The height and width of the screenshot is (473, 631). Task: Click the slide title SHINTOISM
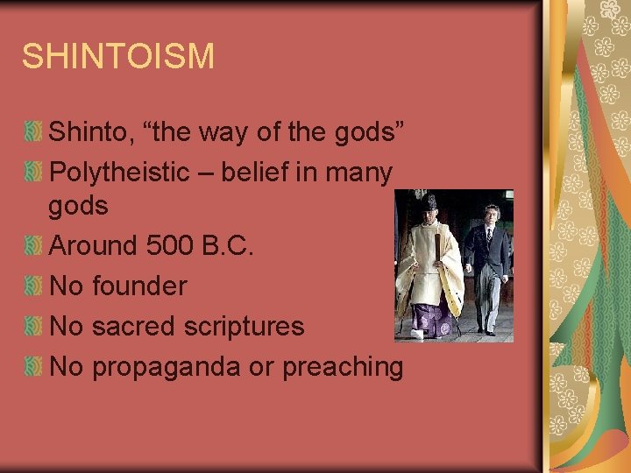[117, 56]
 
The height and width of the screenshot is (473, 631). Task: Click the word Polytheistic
[131, 173]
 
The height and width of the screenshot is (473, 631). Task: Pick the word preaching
[342, 367]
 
